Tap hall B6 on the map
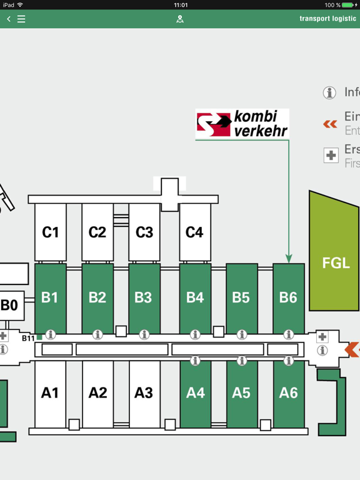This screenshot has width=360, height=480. tap(288, 297)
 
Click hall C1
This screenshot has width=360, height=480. tap(50, 232)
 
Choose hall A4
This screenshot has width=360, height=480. tap(195, 393)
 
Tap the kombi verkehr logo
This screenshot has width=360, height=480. tap(242, 124)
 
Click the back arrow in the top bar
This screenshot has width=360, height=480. tap(9, 19)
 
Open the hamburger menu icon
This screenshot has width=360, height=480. tap(21, 19)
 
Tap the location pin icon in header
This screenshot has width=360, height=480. tap(180, 19)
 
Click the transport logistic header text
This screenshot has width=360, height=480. tap(327, 19)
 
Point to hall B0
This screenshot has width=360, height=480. tap(10, 306)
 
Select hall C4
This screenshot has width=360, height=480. tap(194, 232)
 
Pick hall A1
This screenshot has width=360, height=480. tap(50, 393)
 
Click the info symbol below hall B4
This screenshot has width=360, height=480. tap(195, 335)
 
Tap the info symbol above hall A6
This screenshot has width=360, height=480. tap(288, 361)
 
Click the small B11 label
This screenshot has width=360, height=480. tap(29, 338)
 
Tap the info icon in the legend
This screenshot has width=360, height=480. tap(329, 93)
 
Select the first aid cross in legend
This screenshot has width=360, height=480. tap(331, 156)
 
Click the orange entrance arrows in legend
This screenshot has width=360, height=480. tap(330, 124)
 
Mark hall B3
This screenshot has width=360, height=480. tap(144, 297)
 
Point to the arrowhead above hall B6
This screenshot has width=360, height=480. tap(289, 258)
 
